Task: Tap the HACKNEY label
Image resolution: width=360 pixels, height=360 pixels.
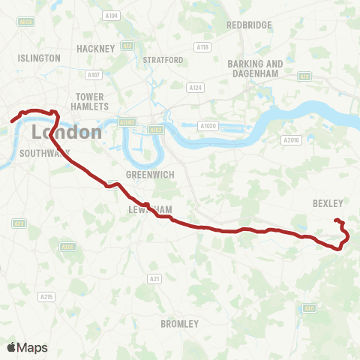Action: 95,49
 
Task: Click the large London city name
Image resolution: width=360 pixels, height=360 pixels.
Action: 67,133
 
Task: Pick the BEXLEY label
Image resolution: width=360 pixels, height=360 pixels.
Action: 327,203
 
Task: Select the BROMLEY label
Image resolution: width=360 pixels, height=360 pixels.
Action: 180,324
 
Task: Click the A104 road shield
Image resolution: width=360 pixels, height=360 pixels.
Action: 112,16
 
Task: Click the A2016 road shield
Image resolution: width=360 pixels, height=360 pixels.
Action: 291,139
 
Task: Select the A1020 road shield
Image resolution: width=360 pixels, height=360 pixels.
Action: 208,126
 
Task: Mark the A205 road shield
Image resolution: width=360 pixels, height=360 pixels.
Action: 67,246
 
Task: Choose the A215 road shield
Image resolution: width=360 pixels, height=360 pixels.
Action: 46,297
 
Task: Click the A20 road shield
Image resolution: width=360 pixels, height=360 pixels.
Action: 309,307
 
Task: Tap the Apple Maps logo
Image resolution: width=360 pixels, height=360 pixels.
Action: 27,347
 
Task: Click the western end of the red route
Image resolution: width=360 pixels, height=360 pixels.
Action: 11,121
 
